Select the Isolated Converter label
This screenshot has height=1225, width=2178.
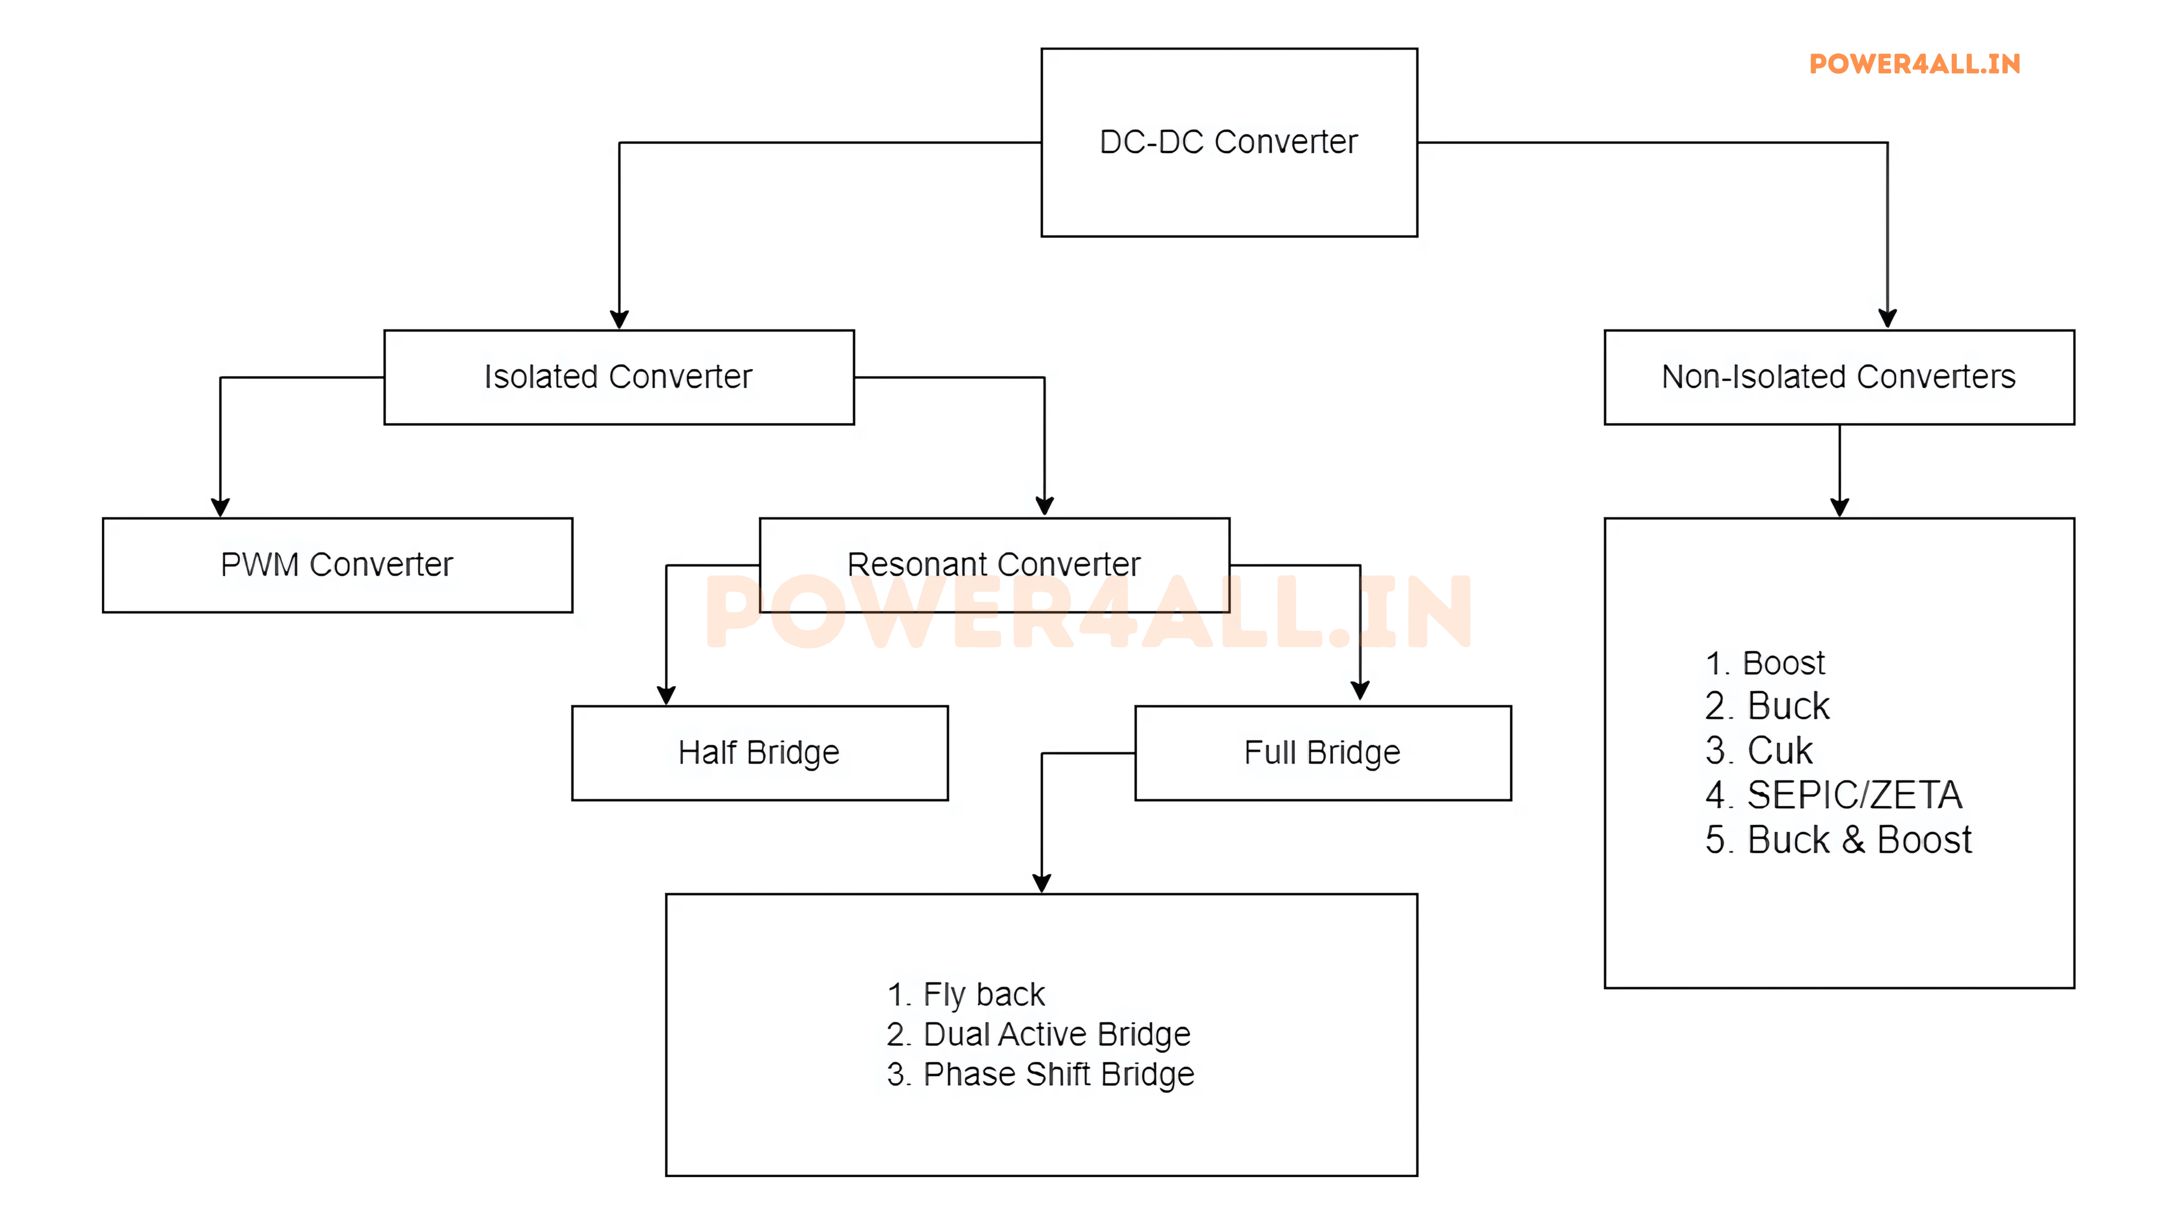618,377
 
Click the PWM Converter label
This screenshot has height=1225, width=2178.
337,565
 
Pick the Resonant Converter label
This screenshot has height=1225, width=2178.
993,565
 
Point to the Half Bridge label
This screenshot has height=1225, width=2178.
759,752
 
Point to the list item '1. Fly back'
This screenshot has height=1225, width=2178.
966,995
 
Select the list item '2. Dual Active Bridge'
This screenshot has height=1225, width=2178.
1038,1035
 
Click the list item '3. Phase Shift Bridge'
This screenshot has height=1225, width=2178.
1040,1075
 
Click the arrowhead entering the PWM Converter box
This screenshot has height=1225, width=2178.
221,507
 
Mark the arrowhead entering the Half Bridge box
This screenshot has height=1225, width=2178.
666,695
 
